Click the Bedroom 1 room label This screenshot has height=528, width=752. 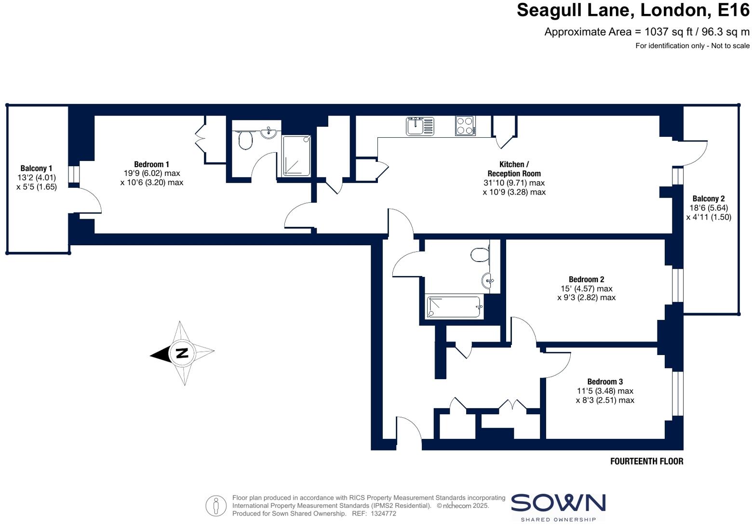pos(151,164)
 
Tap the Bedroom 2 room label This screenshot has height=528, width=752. pos(586,279)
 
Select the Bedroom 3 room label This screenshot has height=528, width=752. pos(605,382)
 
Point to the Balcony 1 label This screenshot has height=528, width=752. pos(36,168)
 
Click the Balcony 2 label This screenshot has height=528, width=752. pos(709,198)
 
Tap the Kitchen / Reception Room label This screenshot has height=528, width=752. pos(514,169)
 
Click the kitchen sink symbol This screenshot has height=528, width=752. pos(420,126)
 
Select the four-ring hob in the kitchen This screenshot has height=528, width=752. pos(465,126)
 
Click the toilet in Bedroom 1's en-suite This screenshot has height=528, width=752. pos(245,140)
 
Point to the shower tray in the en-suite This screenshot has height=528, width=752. pos(296,156)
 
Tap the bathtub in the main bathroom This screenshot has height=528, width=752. pos(454,307)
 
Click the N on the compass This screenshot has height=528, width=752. pos(182,353)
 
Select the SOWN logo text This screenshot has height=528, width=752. pos(558,503)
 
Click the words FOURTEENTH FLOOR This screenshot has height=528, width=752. pos(646,461)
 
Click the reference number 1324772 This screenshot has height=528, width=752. pos(383,514)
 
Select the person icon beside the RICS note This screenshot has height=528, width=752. pos(216,506)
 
